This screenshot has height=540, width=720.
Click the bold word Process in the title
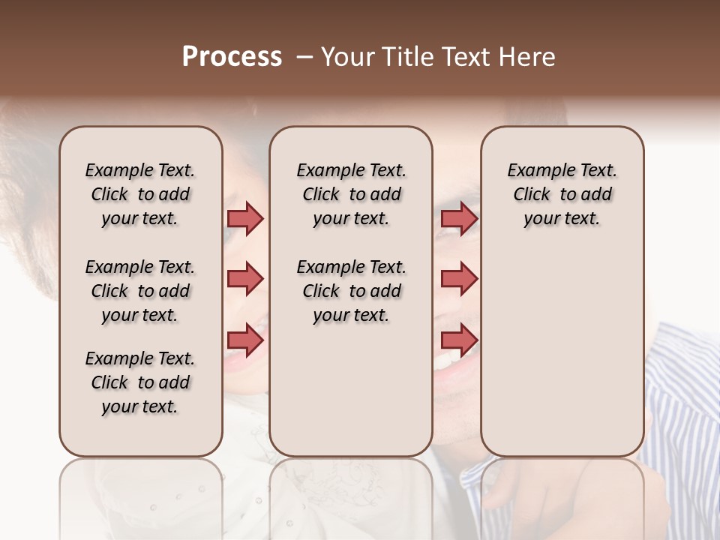232,57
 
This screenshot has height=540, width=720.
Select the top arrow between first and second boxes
245,218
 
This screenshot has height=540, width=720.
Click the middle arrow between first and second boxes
245,279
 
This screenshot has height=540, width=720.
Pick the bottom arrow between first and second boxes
245,340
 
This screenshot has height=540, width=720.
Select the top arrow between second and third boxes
459,218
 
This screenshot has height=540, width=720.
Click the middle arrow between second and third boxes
459,279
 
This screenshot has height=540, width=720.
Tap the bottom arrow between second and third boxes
459,340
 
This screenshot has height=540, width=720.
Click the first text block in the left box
140,194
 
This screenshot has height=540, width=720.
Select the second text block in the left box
140,291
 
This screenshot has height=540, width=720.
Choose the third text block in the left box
140,382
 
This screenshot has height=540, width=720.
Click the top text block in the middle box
351,194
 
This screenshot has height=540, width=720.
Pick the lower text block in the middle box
351,291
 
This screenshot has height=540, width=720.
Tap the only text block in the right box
562,194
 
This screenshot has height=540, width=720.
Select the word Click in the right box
532,195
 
